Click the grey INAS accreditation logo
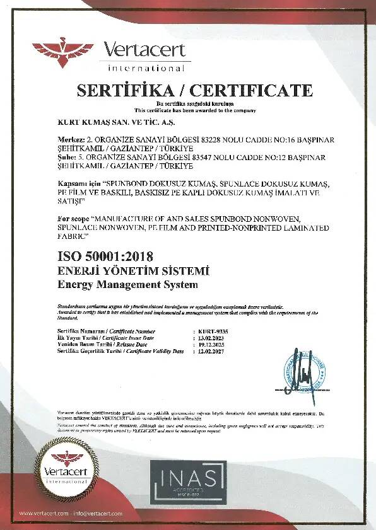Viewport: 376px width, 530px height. (x=188, y=481)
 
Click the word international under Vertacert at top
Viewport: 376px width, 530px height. (x=146, y=67)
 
